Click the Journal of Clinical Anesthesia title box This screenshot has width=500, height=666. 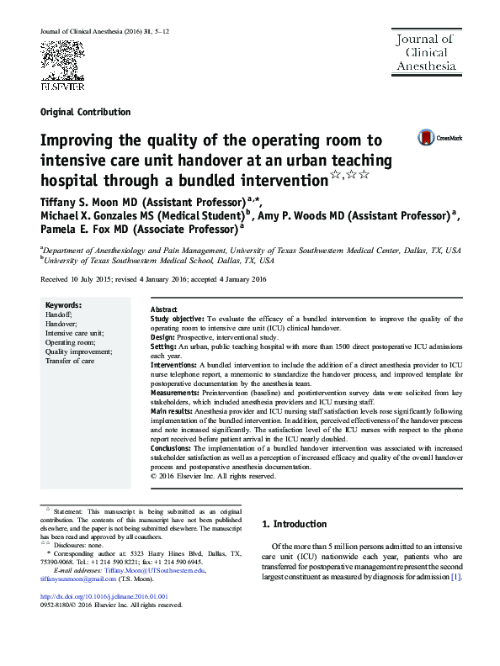(425, 52)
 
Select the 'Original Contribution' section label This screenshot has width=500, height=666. (85, 112)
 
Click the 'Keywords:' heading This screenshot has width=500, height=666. (63, 304)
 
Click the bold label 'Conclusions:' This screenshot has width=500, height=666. (173, 449)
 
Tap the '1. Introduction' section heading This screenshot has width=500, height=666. (294, 524)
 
